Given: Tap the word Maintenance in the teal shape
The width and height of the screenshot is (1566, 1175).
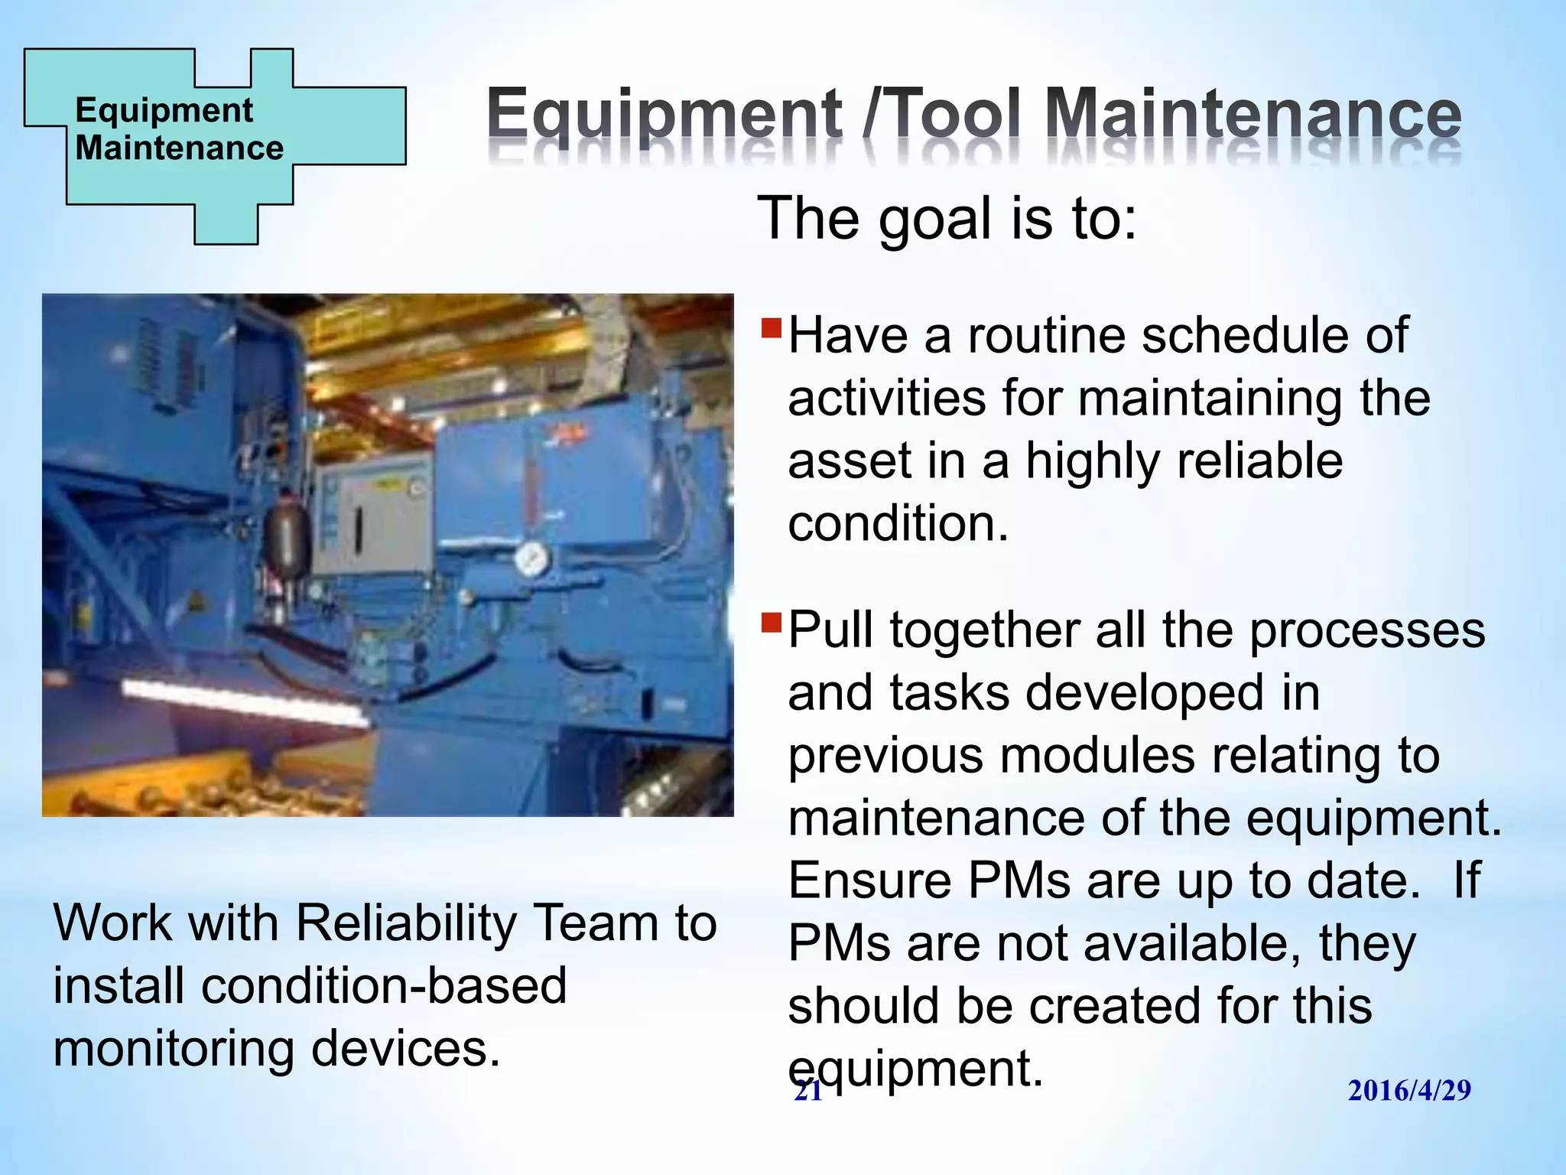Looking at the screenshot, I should (179, 148).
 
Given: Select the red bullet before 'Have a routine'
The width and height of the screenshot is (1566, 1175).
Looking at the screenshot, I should (772, 329).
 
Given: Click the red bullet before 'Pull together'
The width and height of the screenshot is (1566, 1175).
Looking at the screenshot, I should (772, 623).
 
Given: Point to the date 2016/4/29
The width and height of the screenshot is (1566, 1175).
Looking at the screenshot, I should (1408, 1090).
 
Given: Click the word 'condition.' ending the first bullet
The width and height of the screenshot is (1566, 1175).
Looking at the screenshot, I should (898, 524).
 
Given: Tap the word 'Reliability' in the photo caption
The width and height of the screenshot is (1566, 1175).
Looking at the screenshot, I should (406, 923).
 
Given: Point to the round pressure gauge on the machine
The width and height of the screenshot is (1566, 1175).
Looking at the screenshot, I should (531, 560).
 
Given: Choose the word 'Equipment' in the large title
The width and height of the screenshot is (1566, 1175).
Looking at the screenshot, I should (664, 115).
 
